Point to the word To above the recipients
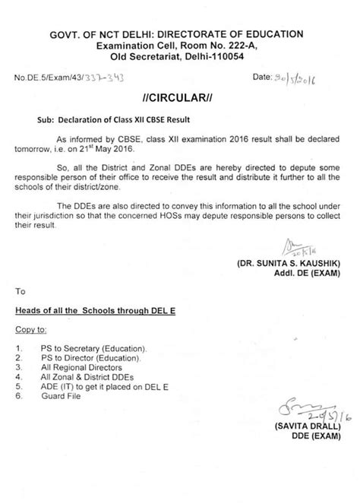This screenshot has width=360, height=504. [x=21, y=290]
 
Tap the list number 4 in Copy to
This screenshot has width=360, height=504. [x=18, y=376]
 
